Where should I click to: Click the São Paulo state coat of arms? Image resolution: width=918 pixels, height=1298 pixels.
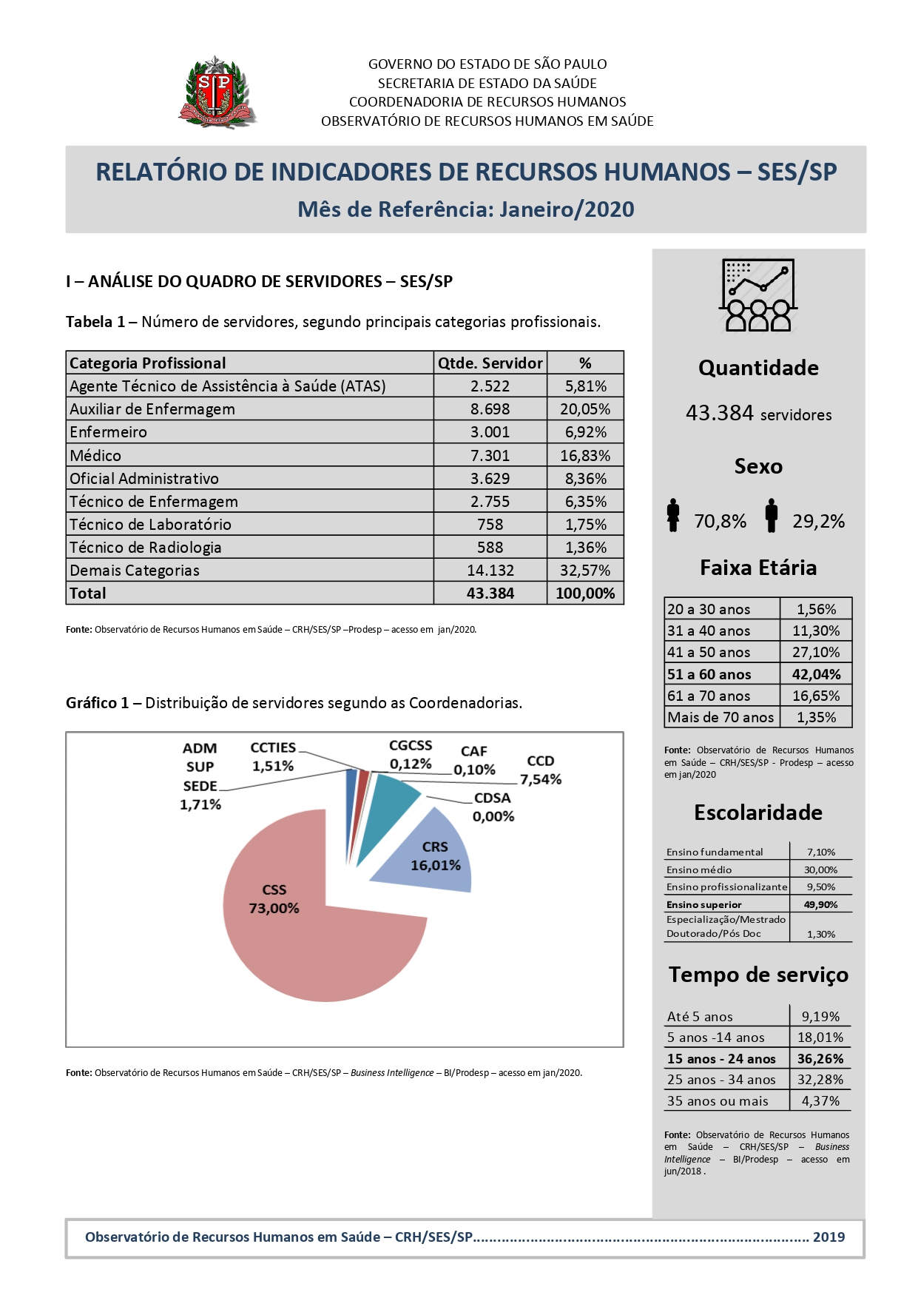[216, 93]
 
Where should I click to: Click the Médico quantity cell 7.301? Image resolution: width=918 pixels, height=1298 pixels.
[490, 455]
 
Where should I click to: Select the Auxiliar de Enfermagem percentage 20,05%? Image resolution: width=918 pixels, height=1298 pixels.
[585, 409]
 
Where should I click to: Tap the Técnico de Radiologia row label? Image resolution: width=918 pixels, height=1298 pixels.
[146, 548]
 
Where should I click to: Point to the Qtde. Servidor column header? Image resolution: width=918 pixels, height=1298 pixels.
[490, 363]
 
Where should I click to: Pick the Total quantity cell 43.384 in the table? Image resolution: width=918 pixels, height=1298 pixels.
[490, 593]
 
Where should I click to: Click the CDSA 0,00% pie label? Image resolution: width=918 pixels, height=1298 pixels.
[493, 807]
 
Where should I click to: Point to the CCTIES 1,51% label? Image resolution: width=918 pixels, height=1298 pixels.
[273, 756]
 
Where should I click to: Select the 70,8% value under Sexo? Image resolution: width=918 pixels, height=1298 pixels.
[720, 521]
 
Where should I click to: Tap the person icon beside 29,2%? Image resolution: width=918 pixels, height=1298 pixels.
[772, 515]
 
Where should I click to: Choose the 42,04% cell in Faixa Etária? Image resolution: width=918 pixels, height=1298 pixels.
[816, 674]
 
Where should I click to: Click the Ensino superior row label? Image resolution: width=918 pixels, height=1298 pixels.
[703, 904]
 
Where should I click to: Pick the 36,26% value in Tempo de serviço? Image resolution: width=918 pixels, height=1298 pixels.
[820, 1059]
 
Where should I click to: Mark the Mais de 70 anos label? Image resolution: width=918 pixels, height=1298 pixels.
[720, 717]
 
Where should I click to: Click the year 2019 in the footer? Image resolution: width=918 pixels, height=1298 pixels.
[828, 1237]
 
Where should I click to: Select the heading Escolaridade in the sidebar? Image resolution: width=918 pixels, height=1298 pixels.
[757, 813]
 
